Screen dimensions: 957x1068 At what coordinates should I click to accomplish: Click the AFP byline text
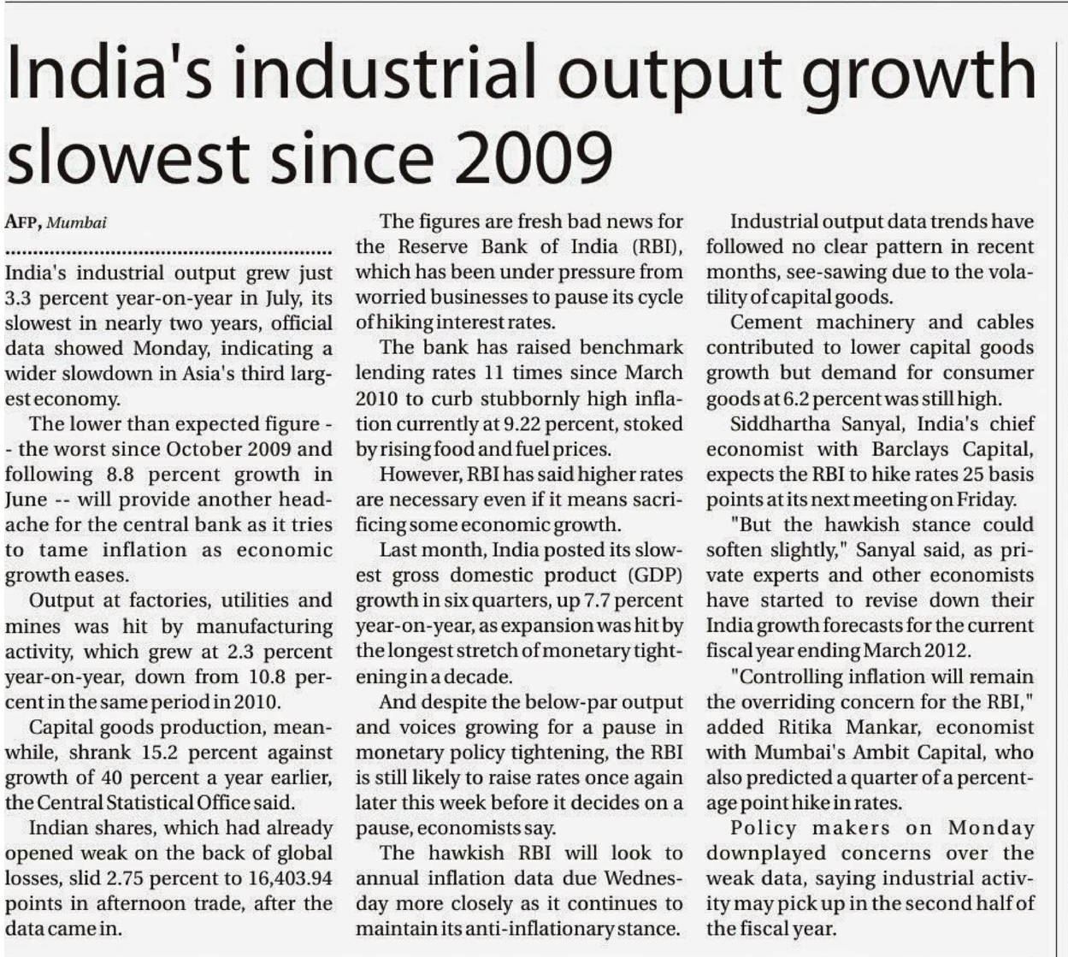(x=22, y=222)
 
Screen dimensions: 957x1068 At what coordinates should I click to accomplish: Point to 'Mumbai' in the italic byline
(x=77, y=222)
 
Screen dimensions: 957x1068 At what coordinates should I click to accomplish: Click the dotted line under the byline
(x=168, y=253)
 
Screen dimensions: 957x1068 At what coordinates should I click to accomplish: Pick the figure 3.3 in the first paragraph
(x=18, y=298)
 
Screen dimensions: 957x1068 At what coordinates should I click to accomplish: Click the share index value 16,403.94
(x=289, y=878)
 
